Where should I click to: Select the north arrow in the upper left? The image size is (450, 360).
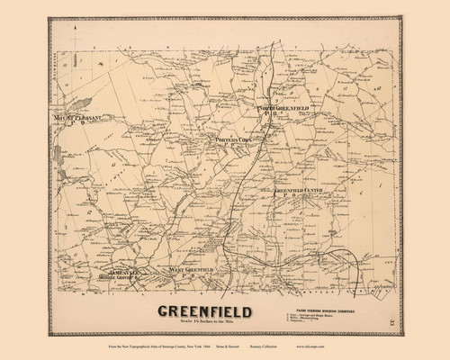tap(77, 37)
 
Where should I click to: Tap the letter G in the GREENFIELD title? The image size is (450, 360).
tap(166, 311)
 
